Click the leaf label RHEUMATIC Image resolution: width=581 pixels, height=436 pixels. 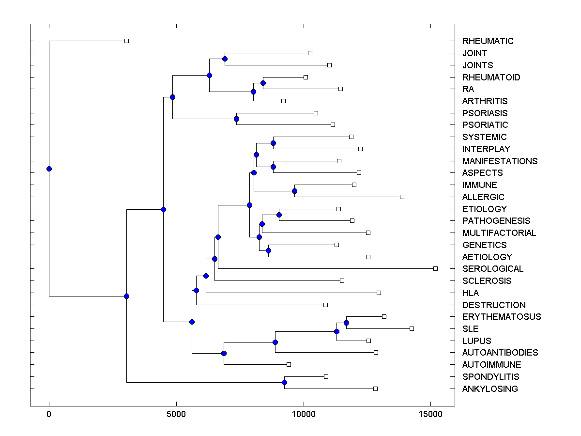488,41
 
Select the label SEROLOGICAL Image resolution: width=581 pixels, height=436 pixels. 493,269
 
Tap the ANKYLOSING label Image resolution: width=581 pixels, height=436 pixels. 490,389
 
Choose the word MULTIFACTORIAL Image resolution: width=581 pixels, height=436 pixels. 499,233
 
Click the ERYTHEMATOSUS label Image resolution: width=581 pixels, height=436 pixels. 502,317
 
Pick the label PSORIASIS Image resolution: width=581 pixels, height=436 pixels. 485,113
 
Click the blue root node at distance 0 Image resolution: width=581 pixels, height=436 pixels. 49,169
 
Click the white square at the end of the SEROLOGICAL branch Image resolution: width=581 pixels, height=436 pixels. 435,268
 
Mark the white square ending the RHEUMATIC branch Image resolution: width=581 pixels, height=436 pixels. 126,41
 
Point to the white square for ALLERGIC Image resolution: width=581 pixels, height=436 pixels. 402,197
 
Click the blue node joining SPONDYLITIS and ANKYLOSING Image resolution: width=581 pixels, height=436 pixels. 284,383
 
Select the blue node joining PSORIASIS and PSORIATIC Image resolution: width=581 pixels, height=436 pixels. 236,119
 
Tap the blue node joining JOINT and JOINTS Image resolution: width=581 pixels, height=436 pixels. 225,59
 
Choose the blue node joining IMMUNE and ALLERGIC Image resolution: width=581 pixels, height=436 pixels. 294,191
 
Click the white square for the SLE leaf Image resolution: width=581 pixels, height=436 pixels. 412,328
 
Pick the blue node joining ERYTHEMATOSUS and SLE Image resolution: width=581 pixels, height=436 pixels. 346,323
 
